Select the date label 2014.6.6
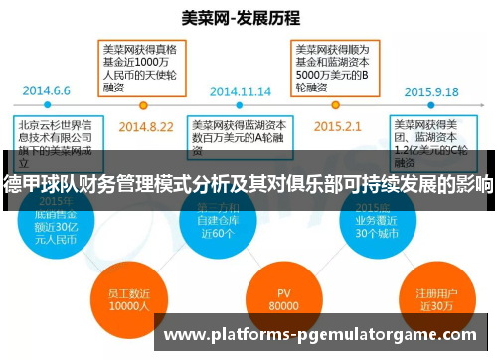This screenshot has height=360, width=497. [x=47, y=90]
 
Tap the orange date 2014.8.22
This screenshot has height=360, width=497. [x=145, y=126]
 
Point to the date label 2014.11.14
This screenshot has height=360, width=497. [x=241, y=90]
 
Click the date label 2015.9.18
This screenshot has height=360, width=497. [x=431, y=90]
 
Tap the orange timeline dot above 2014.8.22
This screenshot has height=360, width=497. [x=145, y=103]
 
